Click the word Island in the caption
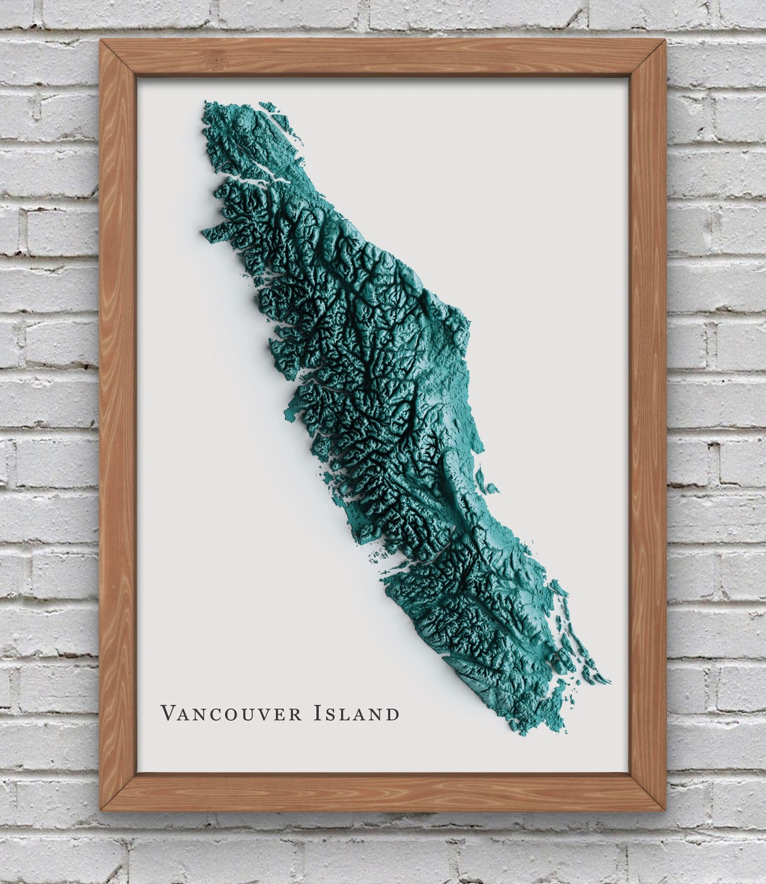click(x=356, y=713)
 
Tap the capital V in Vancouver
click(x=167, y=712)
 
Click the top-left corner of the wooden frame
click(x=101, y=41)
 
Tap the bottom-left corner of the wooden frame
click(x=101, y=809)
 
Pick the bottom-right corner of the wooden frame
click(x=664, y=809)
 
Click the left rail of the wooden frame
click(x=118, y=426)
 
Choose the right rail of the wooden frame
click(x=647, y=426)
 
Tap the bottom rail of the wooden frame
click(x=383, y=791)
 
